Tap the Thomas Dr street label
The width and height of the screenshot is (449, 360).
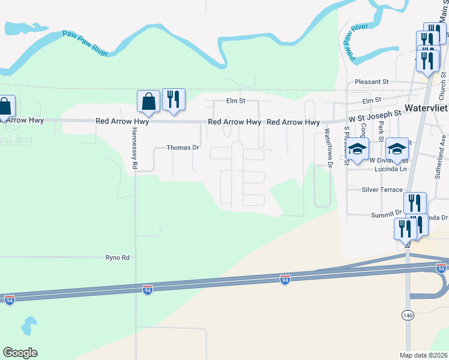pyautogui.click(x=182, y=147)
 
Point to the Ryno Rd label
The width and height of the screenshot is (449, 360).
pyautogui.click(x=118, y=257)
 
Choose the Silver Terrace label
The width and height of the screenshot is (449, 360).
pyautogui.click(x=382, y=190)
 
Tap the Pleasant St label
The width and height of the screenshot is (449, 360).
pyautogui.click(x=372, y=82)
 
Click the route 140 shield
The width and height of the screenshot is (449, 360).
pyautogui.click(x=407, y=315)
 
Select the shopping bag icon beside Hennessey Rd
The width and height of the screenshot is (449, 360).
pyautogui.click(x=148, y=102)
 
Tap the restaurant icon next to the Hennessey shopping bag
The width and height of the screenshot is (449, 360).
pyautogui.click(x=173, y=100)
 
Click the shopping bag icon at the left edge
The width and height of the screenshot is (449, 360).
pyautogui.click(x=5, y=107)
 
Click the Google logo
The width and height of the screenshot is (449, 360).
pyautogui.click(x=20, y=353)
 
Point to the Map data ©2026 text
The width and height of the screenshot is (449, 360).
pyautogui.click(x=424, y=355)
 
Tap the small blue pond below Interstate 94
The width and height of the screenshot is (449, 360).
pyautogui.click(x=28, y=326)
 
